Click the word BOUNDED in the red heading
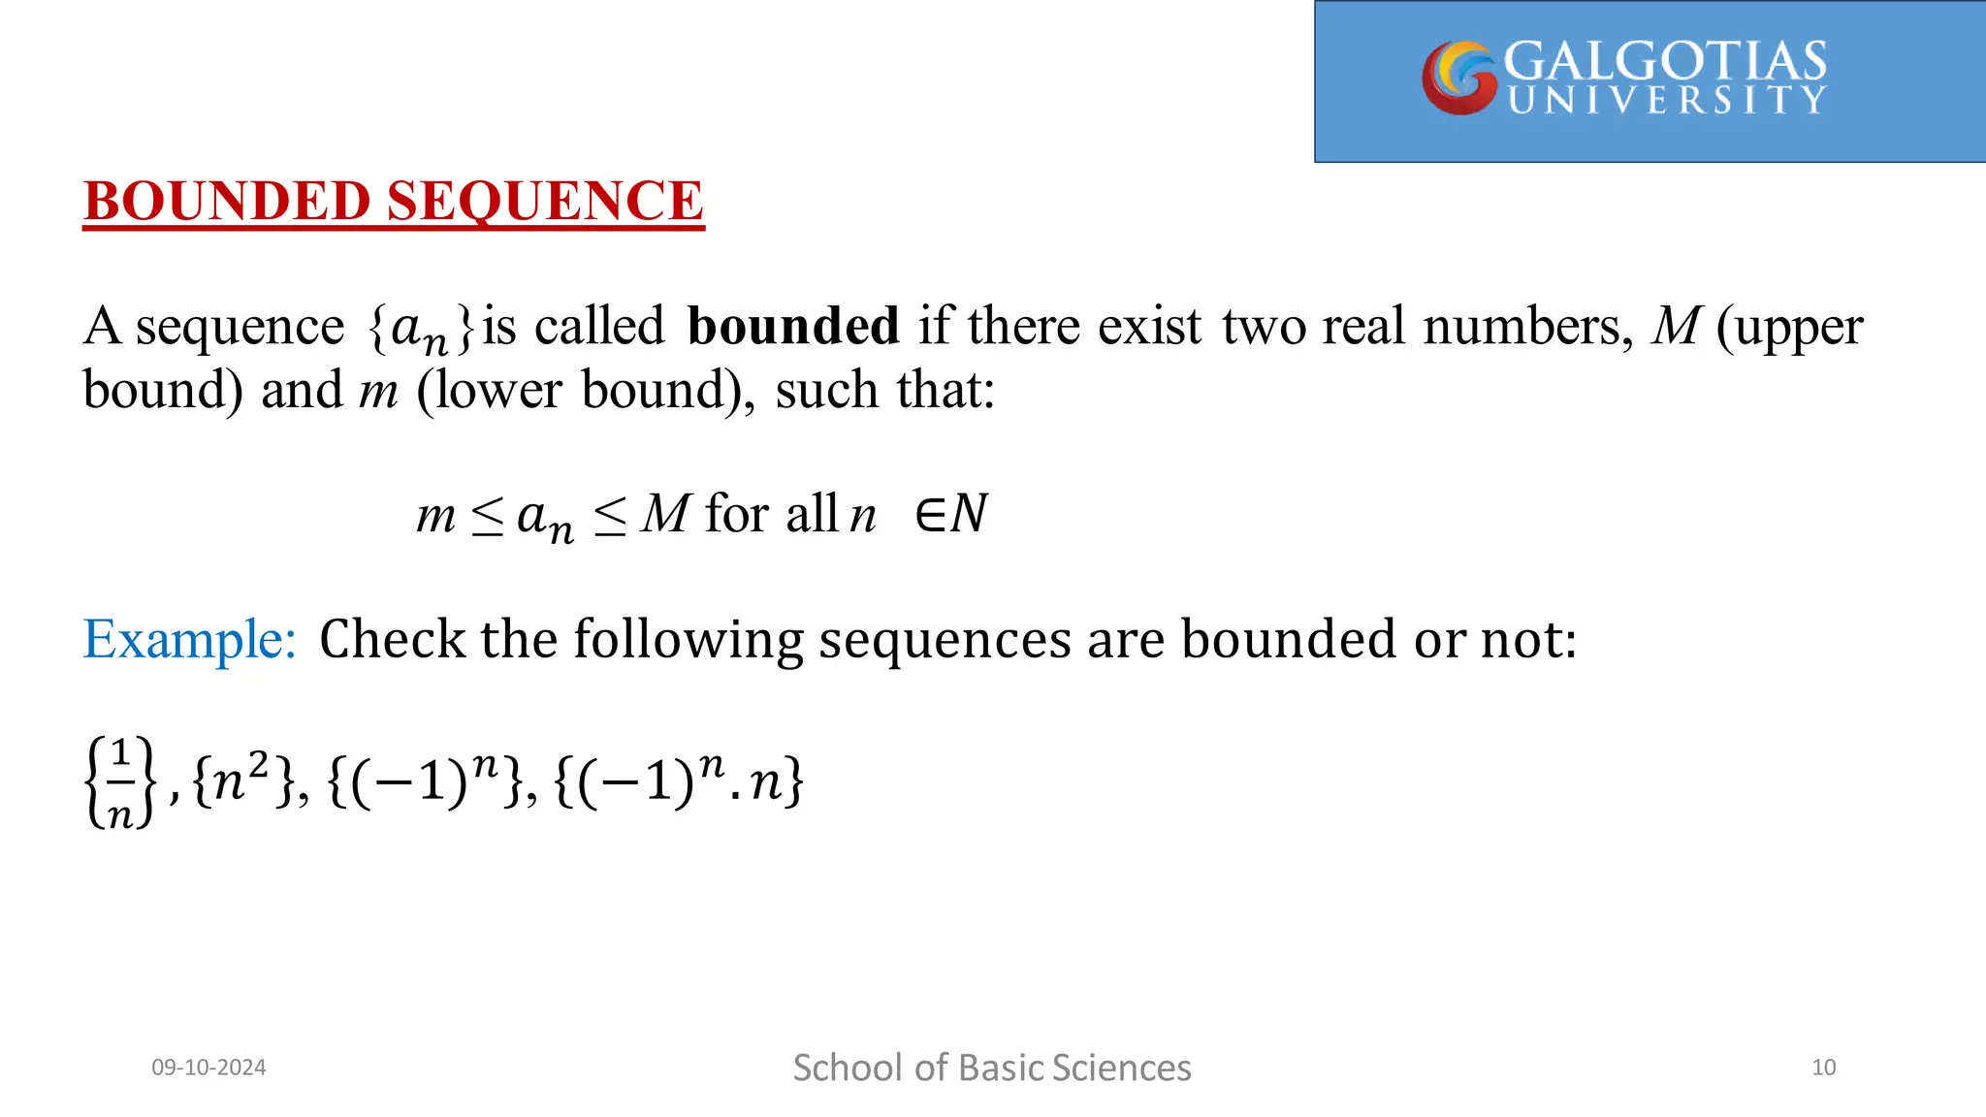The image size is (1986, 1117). [x=227, y=201]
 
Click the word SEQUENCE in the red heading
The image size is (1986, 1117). [x=545, y=201]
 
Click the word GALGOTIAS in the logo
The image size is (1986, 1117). [x=1664, y=61]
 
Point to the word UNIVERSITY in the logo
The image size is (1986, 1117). [x=1666, y=100]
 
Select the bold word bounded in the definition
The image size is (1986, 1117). [x=792, y=326]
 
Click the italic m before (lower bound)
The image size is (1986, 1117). [x=378, y=391]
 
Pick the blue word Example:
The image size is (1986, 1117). [x=189, y=639]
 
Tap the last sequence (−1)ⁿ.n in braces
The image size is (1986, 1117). [x=679, y=781]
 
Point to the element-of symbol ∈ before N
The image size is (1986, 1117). [x=929, y=515]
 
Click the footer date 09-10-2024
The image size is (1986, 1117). [x=208, y=1068]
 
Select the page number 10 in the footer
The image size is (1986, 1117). [x=1823, y=1068]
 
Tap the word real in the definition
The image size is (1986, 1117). [x=1363, y=326]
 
